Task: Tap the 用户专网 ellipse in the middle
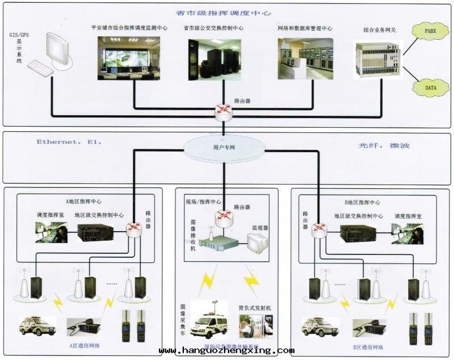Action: pyautogui.click(x=224, y=147)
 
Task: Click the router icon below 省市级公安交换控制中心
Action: pyautogui.click(x=224, y=110)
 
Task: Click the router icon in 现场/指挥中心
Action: pyautogui.click(x=224, y=216)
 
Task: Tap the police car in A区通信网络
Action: pyautogui.click(x=38, y=326)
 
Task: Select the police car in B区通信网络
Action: pyautogui.click(x=320, y=326)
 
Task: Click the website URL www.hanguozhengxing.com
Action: pyautogui.click(x=227, y=351)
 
